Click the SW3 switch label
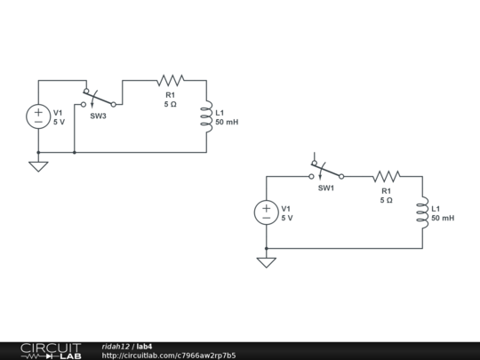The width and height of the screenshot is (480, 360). [98, 116]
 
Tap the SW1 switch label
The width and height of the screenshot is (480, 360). [326, 188]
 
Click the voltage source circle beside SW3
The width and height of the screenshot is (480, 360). [38, 116]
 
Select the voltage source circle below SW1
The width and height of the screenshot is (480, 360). [267, 212]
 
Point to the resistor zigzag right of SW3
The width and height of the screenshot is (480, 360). [171, 80]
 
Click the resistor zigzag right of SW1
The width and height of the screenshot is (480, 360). [387, 176]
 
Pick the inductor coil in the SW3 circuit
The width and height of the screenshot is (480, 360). [206, 116]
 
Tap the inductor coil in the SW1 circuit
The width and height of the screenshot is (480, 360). [423, 212]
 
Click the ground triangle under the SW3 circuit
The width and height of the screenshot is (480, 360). [38, 167]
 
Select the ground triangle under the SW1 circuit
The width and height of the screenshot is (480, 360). [267, 263]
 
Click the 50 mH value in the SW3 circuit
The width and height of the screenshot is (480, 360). [227, 122]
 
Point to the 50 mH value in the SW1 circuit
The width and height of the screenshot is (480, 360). [443, 219]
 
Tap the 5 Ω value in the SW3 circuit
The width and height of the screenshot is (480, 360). [170, 104]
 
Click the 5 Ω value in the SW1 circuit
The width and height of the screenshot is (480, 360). [387, 201]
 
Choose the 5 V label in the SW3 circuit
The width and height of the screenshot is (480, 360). [59, 122]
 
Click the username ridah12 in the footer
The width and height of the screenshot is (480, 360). [116, 347]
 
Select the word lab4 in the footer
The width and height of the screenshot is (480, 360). [144, 347]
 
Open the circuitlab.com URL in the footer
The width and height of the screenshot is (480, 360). [169, 356]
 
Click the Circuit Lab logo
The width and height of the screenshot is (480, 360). [52, 351]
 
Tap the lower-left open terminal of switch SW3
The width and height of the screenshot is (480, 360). [84, 104]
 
